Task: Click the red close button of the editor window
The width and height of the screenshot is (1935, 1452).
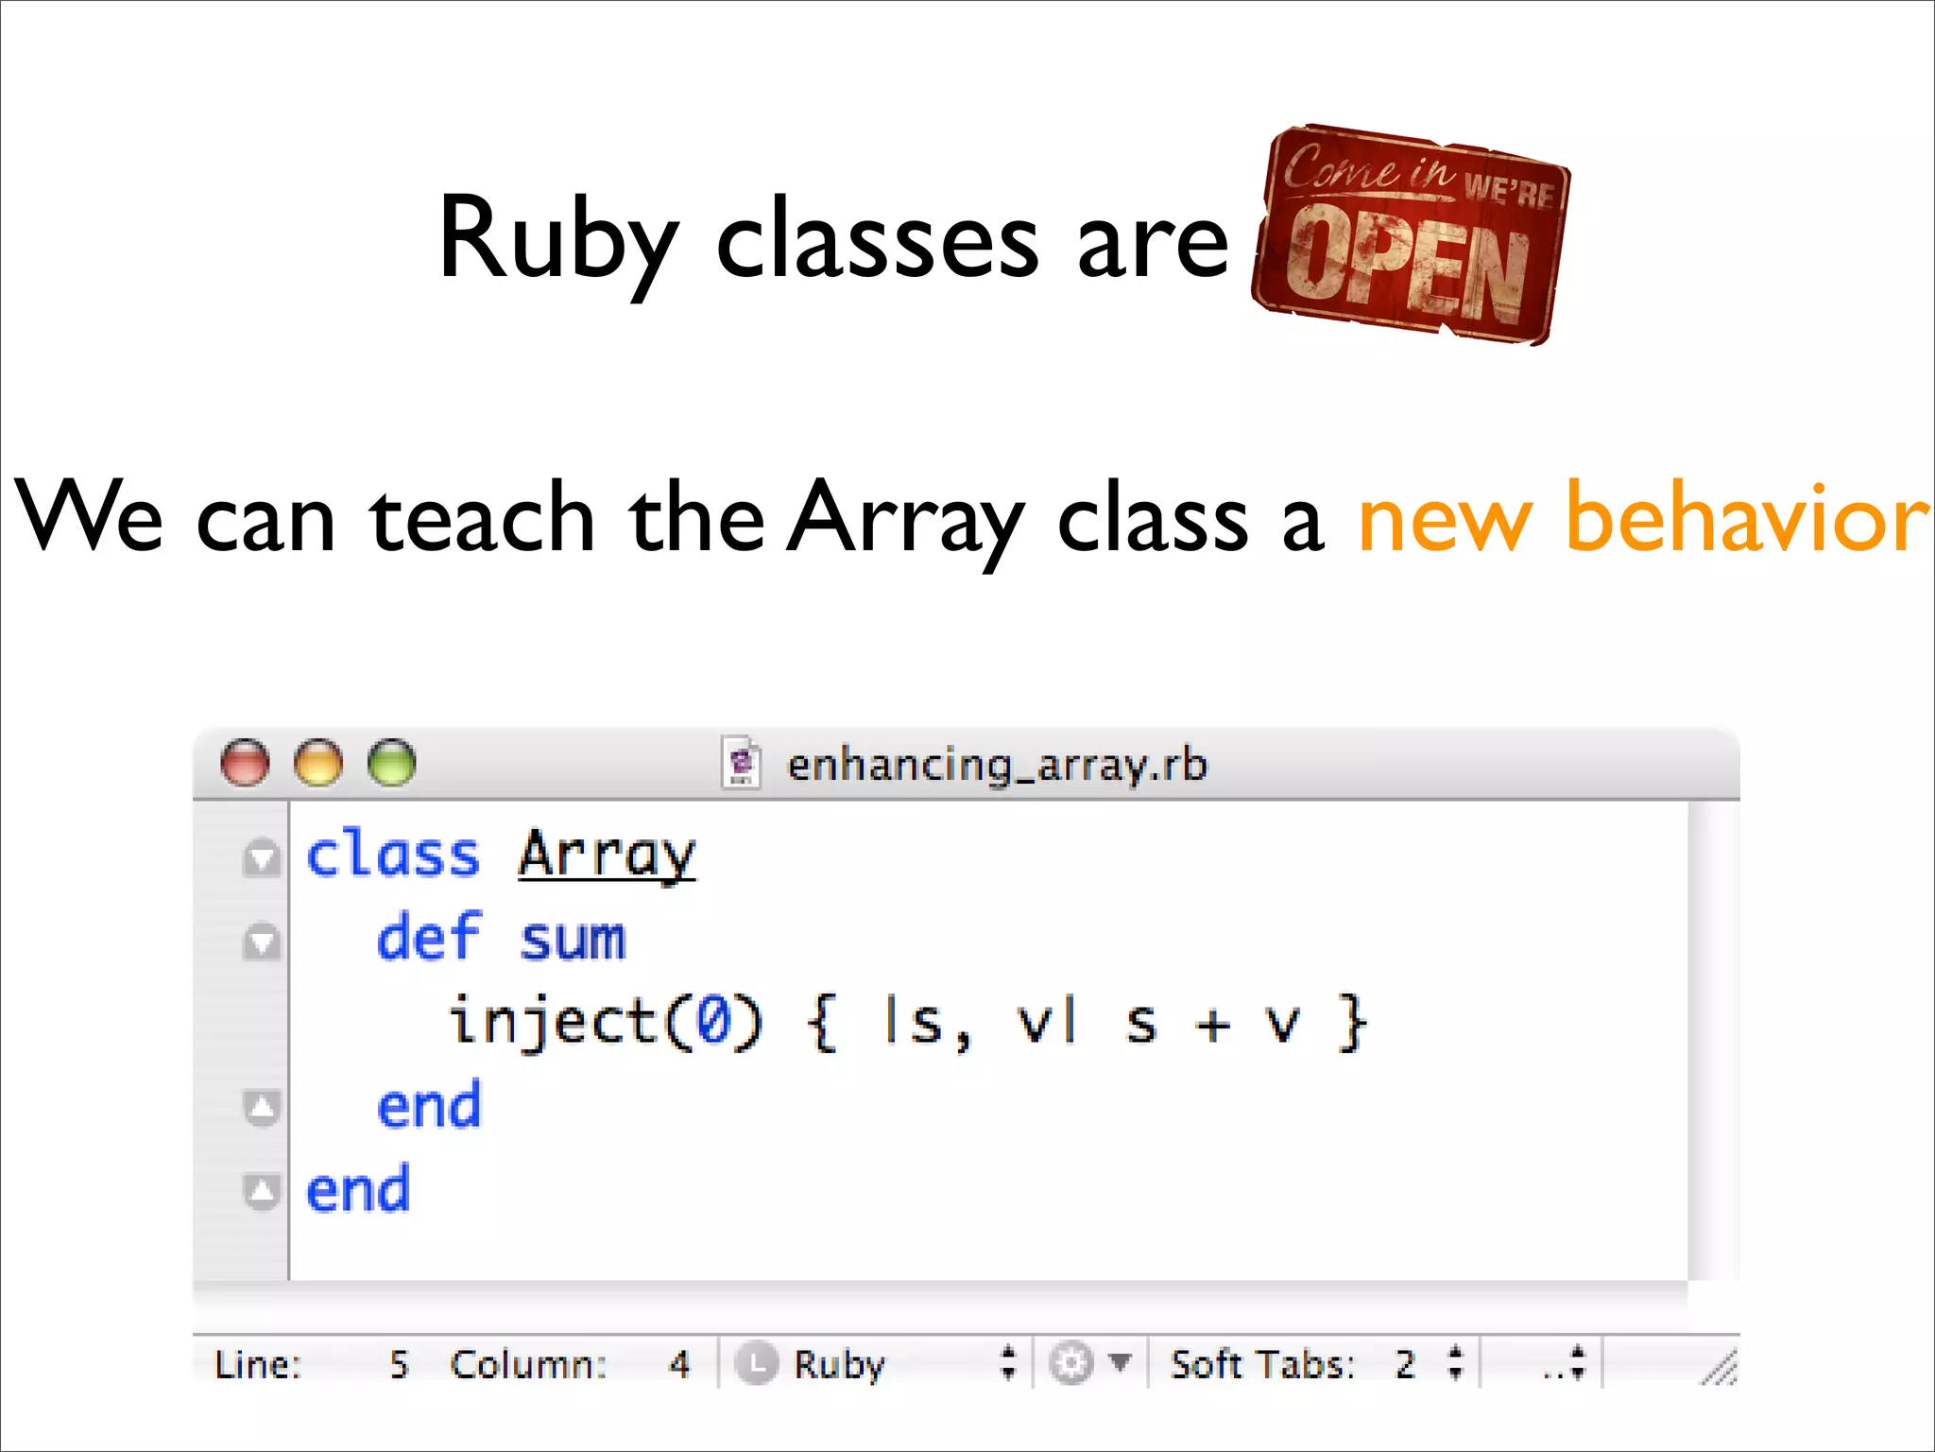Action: (x=245, y=762)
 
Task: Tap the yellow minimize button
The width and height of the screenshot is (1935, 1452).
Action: (x=318, y=762)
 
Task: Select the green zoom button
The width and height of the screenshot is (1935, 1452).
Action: (x=391, y=762)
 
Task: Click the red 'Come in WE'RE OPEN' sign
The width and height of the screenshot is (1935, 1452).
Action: (x=1410, y=235)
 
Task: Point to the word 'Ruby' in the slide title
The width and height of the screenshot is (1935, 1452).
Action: (x=557, y=240)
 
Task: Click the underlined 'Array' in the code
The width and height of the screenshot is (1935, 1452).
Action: (x=607, y=856)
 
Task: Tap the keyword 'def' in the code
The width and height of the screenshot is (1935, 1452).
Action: (x=429, y=938)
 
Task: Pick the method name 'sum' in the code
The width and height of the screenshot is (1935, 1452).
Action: (x=573, y=940)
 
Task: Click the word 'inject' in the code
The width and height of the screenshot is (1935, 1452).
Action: (x=553, y=1023)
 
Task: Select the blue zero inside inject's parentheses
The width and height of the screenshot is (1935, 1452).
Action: (x=713, y=1023)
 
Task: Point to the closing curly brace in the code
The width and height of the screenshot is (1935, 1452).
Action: (x=1353, y=1023)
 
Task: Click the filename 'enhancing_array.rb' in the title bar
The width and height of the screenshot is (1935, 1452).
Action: (x=997, y=765)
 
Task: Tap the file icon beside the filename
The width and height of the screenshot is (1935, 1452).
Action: (x=742, y=762)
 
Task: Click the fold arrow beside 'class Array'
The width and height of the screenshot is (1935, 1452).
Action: (x=262, y=857)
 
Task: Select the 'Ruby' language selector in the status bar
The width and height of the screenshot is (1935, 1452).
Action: (x=838, y=1364)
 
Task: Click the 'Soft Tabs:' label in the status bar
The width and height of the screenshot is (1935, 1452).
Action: (x=1262, y=1364)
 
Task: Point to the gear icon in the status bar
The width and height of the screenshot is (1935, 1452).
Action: (x=1071, y=1364)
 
